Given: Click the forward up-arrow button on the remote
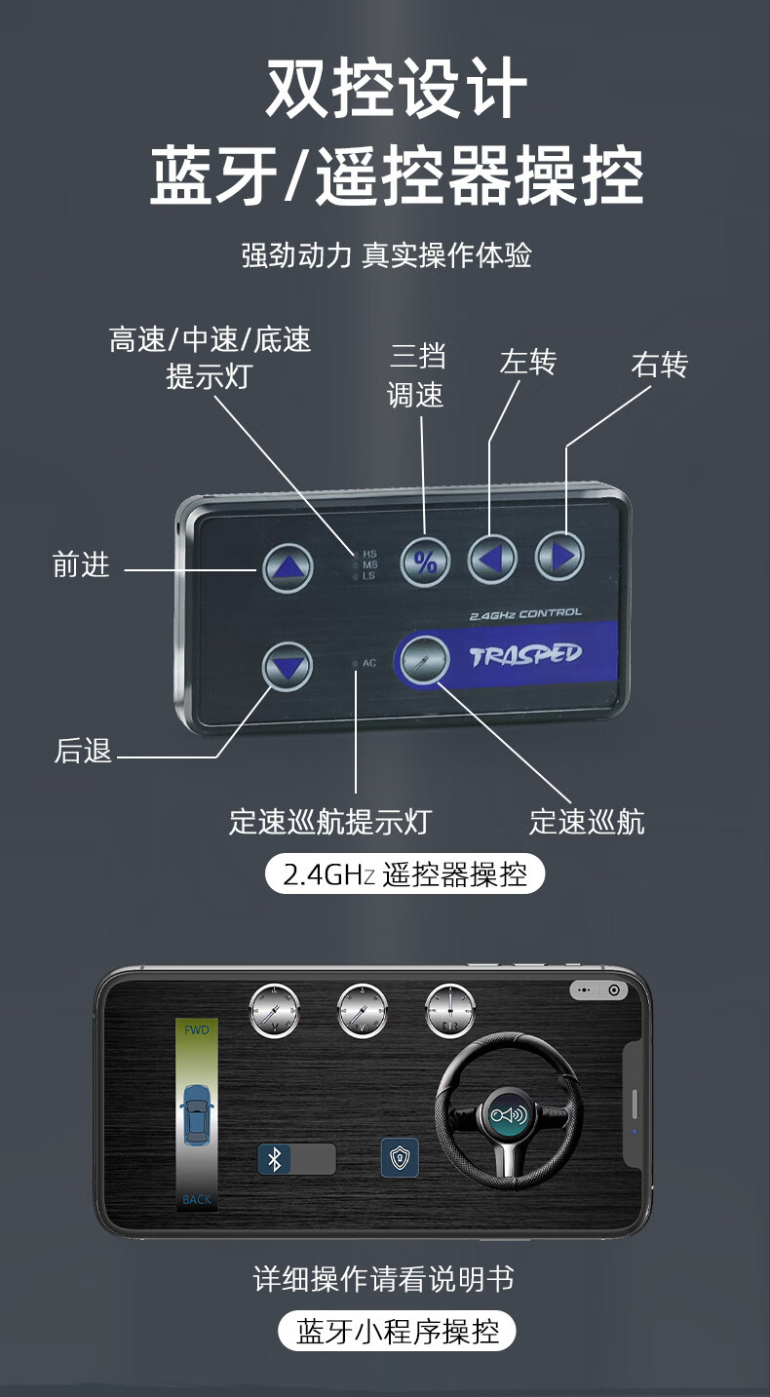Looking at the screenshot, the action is (x=288, y=567).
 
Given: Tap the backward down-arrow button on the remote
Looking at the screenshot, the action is (x=288, y=668).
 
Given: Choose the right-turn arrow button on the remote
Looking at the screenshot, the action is (x=559, y=556).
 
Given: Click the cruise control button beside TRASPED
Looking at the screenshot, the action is (x=425, y=659).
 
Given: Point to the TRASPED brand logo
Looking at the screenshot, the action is (x=525, y=653).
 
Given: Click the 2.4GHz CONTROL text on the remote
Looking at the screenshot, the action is (x=525, y=614).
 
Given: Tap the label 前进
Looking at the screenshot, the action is (x=81, y=564).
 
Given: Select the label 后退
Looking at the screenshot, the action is (x=83, y=751).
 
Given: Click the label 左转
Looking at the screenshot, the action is (x=527, y=363).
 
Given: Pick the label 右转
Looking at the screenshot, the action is (x=659, y=365).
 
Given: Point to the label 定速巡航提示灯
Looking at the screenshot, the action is (x=329, y=822).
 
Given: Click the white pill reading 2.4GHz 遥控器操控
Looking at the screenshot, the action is (x=404, y=873).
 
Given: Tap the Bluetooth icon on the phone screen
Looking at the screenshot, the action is (x=275, y=1159).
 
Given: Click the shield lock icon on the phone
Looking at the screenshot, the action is (x=400, y=1158).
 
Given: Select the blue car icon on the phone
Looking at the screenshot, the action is (x=197, y=1114).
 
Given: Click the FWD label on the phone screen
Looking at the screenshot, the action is (x=197, y=1029).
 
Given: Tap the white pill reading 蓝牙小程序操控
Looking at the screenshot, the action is (x=397, y=1331).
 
